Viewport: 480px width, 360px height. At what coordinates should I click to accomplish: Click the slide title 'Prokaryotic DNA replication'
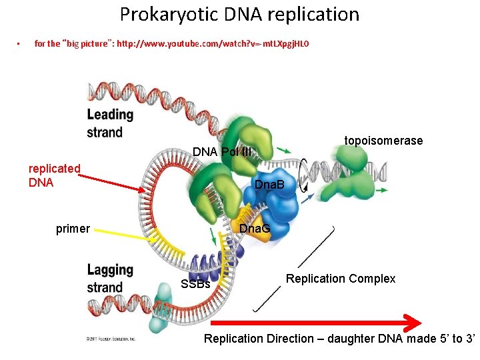tap(239, 14)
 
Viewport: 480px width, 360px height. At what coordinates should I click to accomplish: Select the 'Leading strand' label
tap(110, 123)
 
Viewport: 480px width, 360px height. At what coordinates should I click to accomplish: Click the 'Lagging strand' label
tap(110, 279)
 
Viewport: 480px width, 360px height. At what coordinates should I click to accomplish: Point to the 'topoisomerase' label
tap(383, 141)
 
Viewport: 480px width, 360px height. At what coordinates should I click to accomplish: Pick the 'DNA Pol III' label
tap(222, 152)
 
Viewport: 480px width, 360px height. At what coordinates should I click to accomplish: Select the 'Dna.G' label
tap(255, 229)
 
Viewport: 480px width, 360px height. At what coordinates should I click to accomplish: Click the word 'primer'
tap(73, 229)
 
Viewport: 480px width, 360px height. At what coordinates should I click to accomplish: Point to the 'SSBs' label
tap(196, 285)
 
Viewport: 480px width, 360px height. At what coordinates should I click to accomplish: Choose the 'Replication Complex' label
tap(341, 279)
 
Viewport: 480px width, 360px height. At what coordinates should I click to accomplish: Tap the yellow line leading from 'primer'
tap(127, 237)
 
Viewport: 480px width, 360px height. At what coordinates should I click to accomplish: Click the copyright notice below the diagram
tap(111, 339)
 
